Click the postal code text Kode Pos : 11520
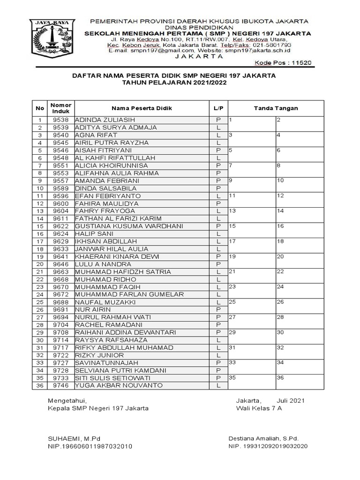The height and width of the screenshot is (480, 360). click(282, 63)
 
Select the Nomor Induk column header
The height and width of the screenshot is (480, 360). click(60, 108)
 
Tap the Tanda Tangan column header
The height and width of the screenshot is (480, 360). click(276, 108)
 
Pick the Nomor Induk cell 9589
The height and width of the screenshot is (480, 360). click(60, 188)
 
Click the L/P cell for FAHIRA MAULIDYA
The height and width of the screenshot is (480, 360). click(218, 203)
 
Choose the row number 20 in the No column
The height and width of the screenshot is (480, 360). click(40, 264)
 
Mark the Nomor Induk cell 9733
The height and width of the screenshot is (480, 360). click(60, 378)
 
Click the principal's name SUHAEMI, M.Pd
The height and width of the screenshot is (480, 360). click(71, 438)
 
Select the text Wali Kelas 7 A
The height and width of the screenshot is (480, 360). click(259, 408)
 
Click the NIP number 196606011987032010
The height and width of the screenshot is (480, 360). click(90, 446)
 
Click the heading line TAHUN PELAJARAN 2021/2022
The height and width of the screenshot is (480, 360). click(174, 82)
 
